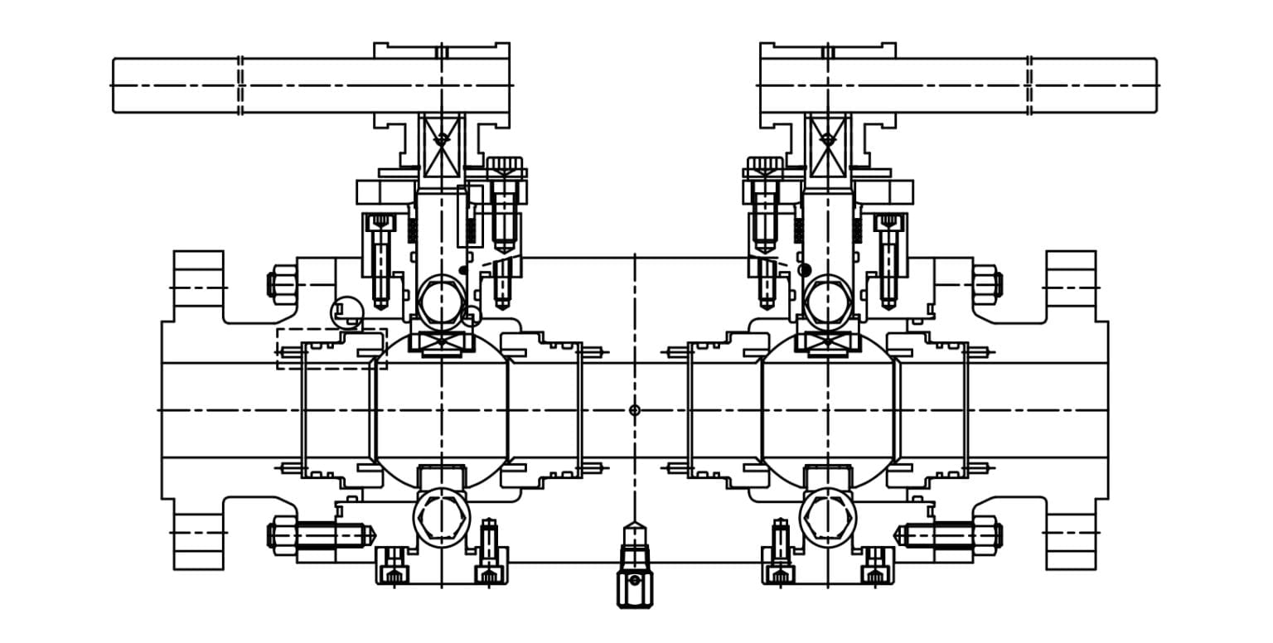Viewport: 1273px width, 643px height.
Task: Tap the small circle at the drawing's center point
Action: [x=635, y=410]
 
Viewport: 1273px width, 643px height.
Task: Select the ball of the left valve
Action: [x=441, y=410]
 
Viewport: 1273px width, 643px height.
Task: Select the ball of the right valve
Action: [x=828, y=410]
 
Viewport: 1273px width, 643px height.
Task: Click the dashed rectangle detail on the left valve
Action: [x=332, y=348]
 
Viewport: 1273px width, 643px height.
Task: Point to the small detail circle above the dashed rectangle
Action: [x=346, y=313]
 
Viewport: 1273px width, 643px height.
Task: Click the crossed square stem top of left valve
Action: [x=442, y=147]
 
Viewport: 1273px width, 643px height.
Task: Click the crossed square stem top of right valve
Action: [x=828, y=147]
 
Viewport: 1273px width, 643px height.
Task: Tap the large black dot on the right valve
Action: [x=804, y=270]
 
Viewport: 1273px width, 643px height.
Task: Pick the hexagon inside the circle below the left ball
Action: [x=442, y=518]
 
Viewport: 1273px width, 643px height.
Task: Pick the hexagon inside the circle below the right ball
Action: [x=828, y=518]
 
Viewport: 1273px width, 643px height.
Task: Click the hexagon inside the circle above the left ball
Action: [x=442, y=303]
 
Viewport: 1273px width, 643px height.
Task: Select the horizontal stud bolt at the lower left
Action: [x=323, y=535]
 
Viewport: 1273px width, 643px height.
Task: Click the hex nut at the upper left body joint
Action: [x=283, y=284]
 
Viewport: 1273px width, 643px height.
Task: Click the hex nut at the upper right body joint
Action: [x=986, y=284]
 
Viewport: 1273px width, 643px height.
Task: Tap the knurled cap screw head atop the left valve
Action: [x=504, y=164]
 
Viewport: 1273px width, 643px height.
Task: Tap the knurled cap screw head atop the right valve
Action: [x=765, y=164]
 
